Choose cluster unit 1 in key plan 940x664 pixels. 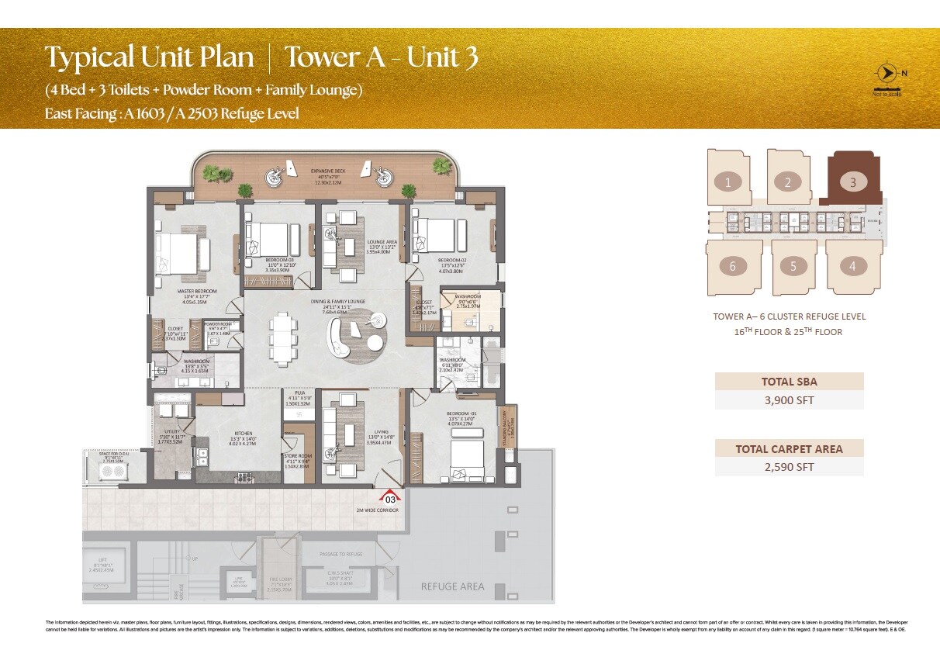(x=727, y=183)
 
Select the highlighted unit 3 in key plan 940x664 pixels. (x=852, y=183)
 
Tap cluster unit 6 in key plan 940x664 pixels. (x=732, y=267)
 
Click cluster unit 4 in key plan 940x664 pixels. (x=852, y=267)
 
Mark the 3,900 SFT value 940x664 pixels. (x=789, y=400)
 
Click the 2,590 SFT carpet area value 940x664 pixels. (x=789, y=467)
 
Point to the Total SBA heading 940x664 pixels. (x=789, y=381)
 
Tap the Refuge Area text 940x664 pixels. (x=452, y=586)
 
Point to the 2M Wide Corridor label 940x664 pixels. (x=378, y=510)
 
